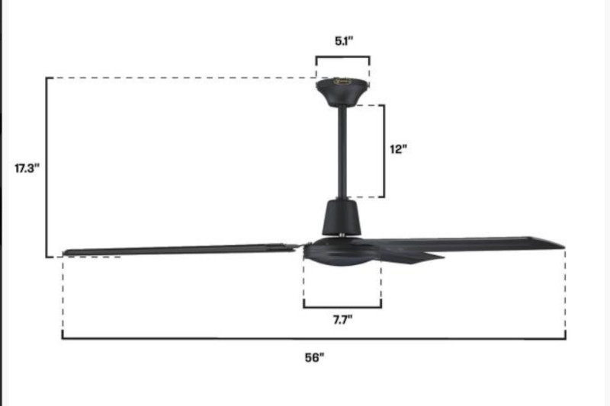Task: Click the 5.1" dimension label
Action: click(344, 41)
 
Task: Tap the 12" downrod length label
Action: click(398, 149)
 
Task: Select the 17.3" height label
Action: click(27, 168)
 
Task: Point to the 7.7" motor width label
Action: click(342, 320)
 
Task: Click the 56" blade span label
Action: click(314, 357)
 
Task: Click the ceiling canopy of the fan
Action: click(342, 91)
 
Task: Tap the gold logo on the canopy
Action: click(342, 82)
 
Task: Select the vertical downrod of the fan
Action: click(342, 152)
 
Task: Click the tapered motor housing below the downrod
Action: click(342, 217)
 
